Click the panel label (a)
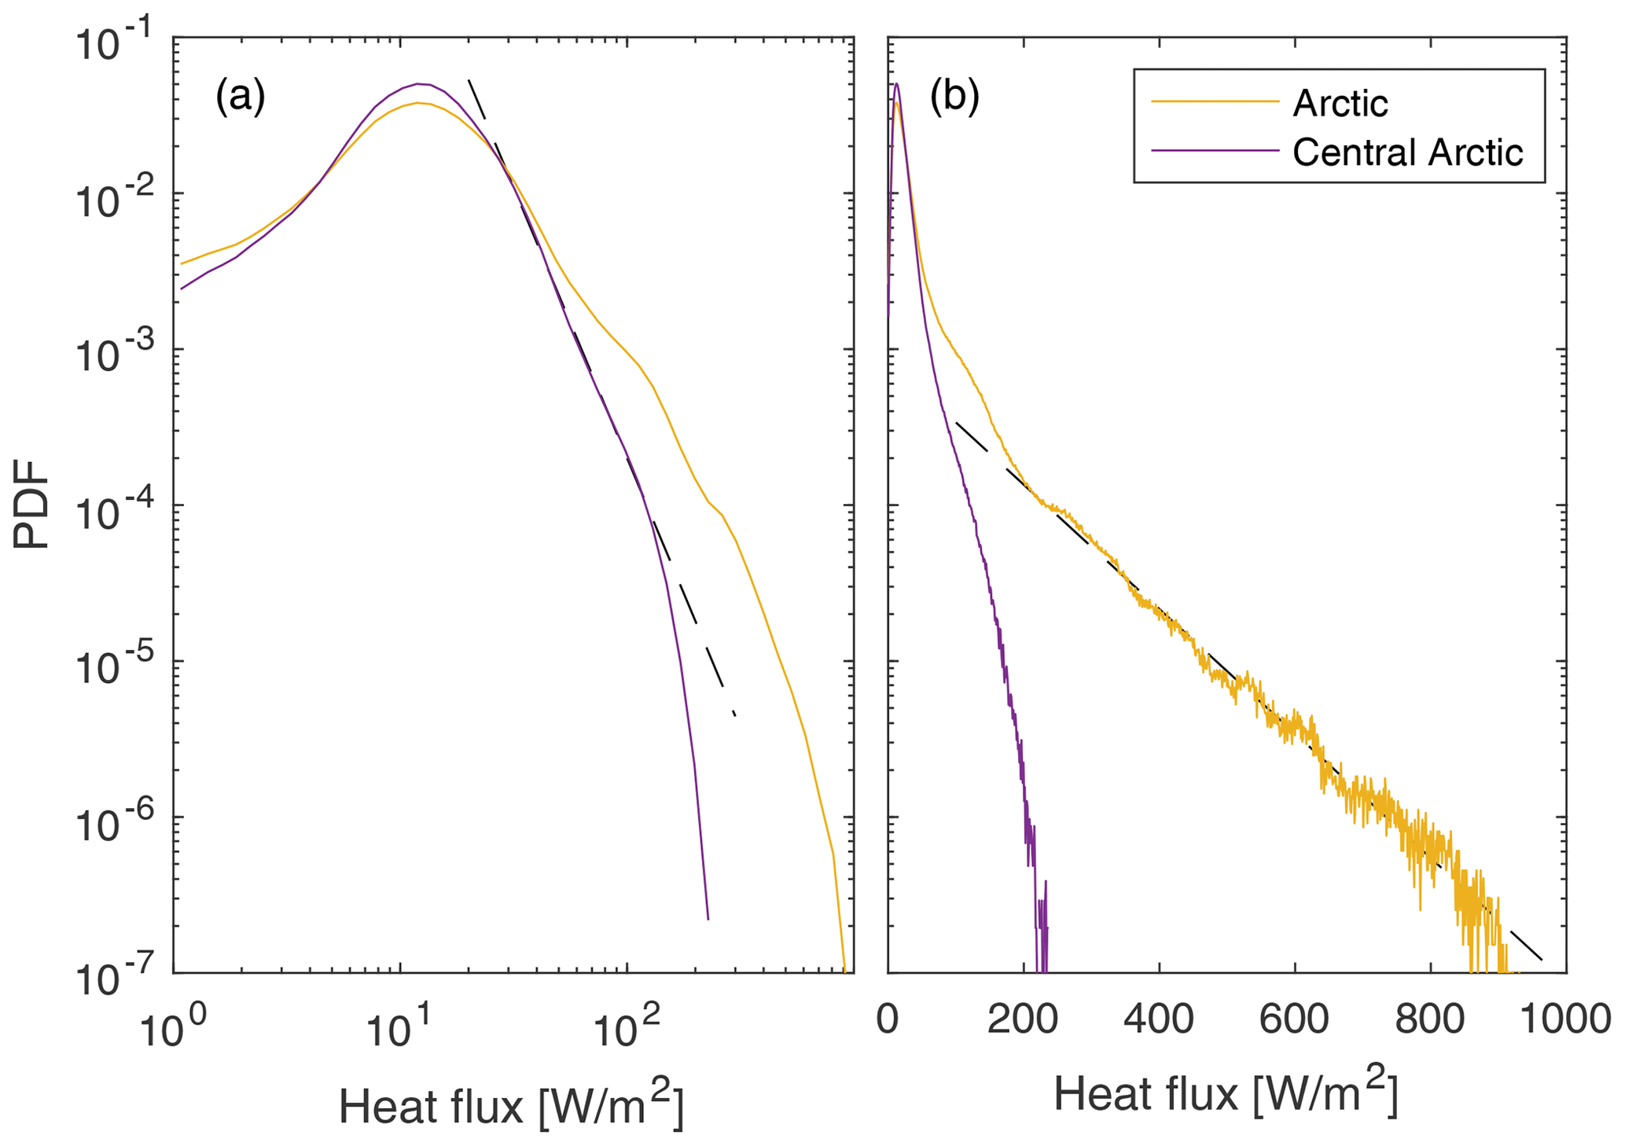click(x=240, y=97)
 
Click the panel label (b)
click(x=954, y=97)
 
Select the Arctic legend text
click(x=1340, y=103)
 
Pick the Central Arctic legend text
click(x=1407, y=152)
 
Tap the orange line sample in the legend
click(x=1215, y=101)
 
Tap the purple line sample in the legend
click(x=1215, y=150)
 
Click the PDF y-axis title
click(x=31, y=504)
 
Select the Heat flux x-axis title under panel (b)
click(x=1226, y=1091)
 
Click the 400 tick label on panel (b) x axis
click(x=1158, y=1019)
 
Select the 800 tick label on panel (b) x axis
click(x=1430, y=1019)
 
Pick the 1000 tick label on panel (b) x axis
click(x=1565, y=1019)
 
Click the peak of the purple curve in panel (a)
click(x=419, y=83)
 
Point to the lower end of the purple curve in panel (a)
click(x=708, y=918)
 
